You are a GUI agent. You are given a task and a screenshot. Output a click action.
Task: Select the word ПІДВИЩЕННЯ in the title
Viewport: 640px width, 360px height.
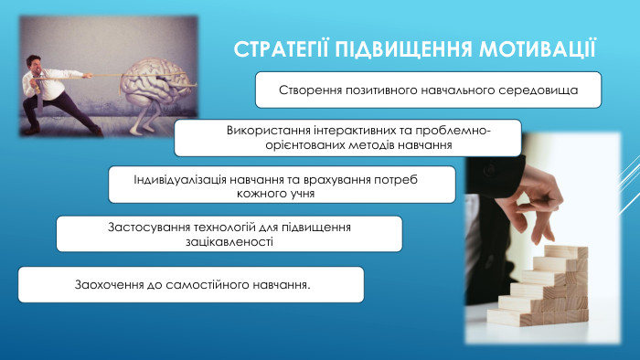coord(402,48)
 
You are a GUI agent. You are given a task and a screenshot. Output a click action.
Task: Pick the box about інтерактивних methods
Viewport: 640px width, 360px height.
coord(347,137)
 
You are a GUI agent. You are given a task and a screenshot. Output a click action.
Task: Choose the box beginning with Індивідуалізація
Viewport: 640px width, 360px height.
coord(282,185)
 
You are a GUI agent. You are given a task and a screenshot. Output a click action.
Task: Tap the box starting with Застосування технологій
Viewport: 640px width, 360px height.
coord(229,234)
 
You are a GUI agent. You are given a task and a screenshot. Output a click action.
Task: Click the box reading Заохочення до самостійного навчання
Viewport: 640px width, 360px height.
coord(191,284)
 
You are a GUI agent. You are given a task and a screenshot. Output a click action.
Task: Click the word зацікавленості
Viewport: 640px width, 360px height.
coord(229,242)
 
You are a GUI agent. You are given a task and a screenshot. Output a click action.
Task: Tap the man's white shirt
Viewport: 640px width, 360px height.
coord(46,85)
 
